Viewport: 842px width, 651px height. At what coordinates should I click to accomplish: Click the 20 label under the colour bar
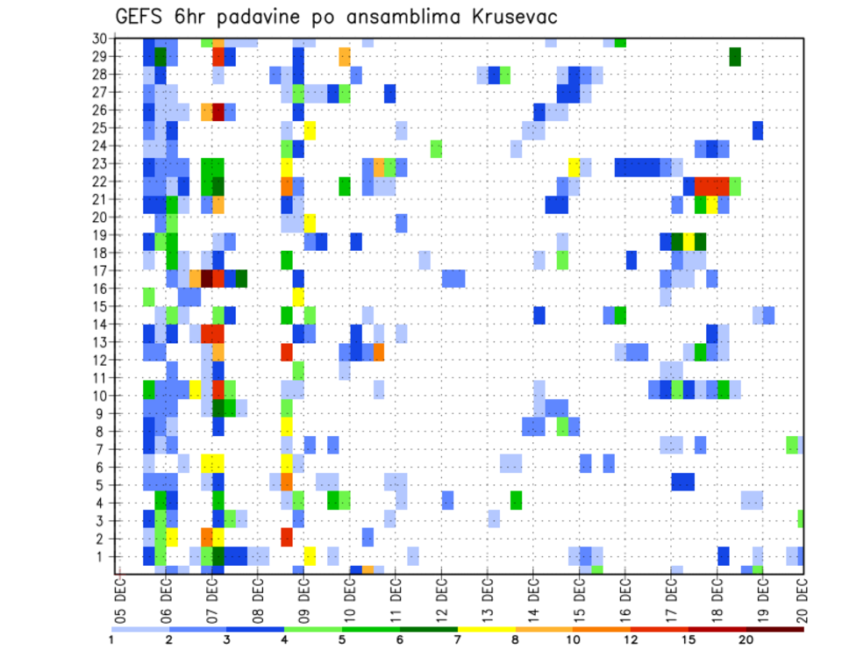(746, 640)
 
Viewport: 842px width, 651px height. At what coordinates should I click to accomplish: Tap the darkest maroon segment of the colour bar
(775, 628)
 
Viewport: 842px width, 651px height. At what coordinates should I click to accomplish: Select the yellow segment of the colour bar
(487, 628)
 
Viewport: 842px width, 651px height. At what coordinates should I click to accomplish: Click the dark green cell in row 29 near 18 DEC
(735, 57)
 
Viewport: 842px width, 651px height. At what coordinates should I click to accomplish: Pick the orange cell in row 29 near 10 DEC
(345, 57)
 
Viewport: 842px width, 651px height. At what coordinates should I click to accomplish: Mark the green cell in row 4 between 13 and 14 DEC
(517, 500)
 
